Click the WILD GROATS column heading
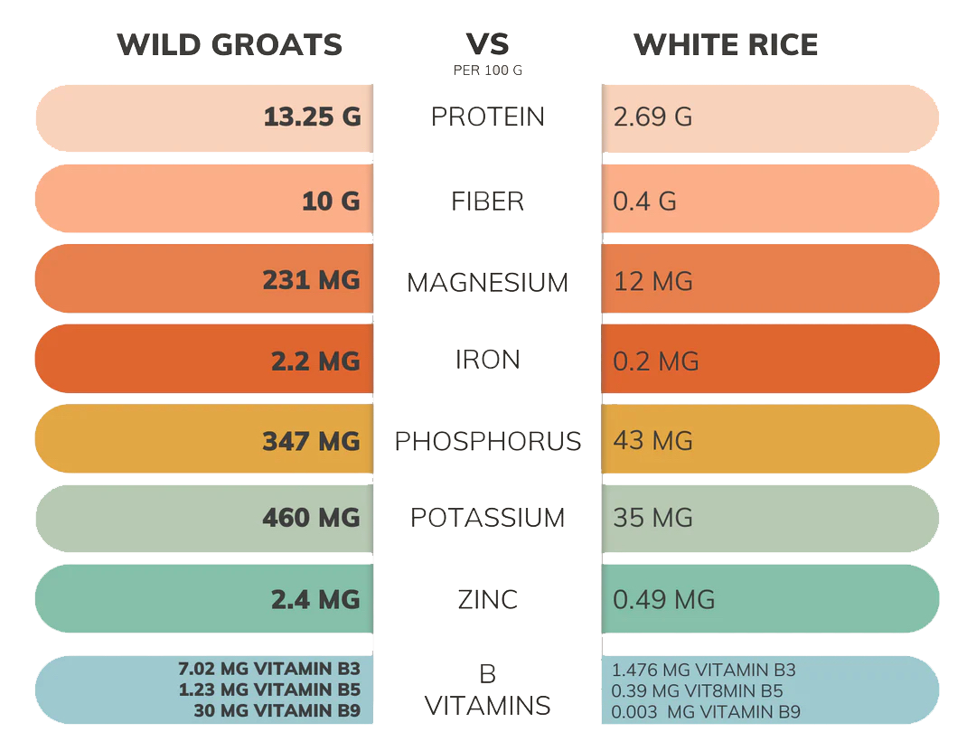click(230, 44)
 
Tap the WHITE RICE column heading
click(726, 44)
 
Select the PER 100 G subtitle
click(488, 70)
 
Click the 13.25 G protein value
click(312, 117)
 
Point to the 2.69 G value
click(652, 117)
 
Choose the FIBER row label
click(488, 201)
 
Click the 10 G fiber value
click(331, 201)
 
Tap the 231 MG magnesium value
click(312, 280)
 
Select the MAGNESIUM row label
click(488, 282)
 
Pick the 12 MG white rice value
click(652, 281)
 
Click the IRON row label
click(488, 360)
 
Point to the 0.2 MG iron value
click(656, 361)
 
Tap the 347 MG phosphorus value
click(312, 441)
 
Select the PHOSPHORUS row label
click(488, 441)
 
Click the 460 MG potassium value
click(312, 518)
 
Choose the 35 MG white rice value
click(652, 518)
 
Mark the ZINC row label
click(488, 598)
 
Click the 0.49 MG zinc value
click(663, 598)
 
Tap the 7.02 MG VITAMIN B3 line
click(269, 670)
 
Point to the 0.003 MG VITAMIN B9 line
click(706, 712)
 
